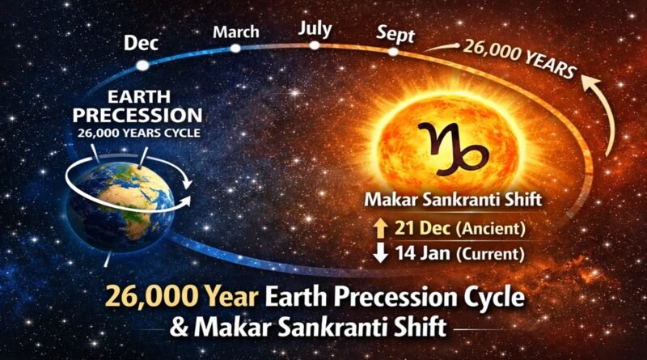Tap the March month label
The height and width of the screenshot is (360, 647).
click(x=235, y=32)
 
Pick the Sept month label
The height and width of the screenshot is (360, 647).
click(x=395, y=34)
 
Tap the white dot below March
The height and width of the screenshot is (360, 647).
click(x=235, y=48)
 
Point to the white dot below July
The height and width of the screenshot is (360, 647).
click(x=315, y=45)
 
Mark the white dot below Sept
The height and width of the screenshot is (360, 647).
click(x=393, y=52)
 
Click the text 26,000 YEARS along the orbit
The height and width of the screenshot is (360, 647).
click(x=519, y=58)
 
